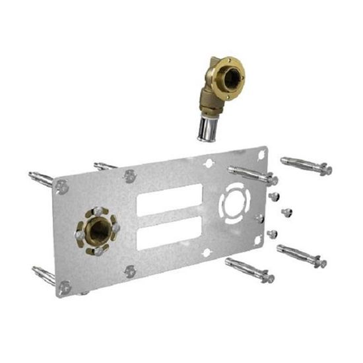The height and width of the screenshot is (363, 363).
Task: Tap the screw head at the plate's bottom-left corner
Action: (x=64, y=287)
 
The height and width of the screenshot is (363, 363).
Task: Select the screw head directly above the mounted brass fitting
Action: (x=130, y=176)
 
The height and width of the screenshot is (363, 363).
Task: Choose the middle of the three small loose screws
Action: (x=286, y=212)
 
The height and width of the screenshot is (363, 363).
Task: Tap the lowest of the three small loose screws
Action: (x=272, y=233)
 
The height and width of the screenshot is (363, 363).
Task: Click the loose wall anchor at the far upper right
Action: (x=306, y=165)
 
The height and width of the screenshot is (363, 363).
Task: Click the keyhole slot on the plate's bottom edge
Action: (x=206, y=253)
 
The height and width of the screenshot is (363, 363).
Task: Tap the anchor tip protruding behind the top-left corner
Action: (x=40, y=178)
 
